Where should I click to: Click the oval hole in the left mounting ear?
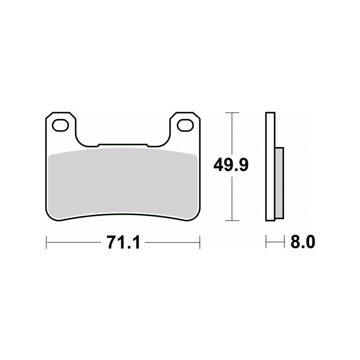61,125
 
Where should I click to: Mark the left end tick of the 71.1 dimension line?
47,243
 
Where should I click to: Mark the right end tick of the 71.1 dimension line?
199,243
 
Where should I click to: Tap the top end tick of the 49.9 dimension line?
231,112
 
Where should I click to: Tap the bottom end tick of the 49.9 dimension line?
231,220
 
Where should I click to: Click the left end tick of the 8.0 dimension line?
266,243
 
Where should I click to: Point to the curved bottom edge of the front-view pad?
123,216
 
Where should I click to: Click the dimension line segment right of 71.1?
173,243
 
